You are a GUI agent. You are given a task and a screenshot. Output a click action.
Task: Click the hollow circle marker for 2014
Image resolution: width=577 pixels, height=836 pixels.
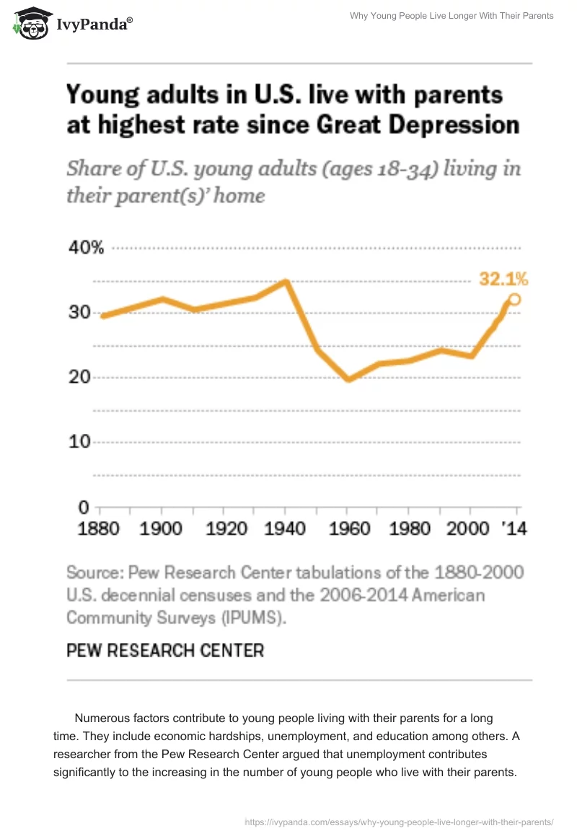click(x=514, y=299)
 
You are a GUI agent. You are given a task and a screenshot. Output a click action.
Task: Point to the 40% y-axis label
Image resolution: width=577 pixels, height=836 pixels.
click(x=87, y=249)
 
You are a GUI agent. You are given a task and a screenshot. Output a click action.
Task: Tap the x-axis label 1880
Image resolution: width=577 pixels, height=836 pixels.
click(x=98, y=528)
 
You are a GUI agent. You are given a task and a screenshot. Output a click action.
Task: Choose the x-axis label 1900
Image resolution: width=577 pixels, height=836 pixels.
click(x=160, y=528)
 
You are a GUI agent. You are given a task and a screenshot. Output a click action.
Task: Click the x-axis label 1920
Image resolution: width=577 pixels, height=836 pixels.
click(x=226, y=528)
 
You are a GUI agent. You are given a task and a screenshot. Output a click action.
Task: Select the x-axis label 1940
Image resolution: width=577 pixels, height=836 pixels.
click(x=286, y=528)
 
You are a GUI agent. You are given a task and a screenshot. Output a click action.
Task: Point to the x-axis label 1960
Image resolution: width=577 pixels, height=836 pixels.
click(x=350, y=528)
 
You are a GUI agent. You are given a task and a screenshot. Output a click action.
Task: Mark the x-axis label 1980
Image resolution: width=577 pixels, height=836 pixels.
click(x=410, y=528)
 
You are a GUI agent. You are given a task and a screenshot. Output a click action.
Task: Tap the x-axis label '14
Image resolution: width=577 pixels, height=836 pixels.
click(x=514, y=528)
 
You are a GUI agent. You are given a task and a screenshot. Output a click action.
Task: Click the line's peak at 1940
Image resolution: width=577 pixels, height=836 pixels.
click(x=286, y=281)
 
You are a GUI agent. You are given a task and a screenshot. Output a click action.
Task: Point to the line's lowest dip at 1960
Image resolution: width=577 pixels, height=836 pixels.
click(x=350, y=378)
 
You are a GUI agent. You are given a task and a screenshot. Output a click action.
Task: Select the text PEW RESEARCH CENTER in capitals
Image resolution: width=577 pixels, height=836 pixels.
click(x=165, y=650)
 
